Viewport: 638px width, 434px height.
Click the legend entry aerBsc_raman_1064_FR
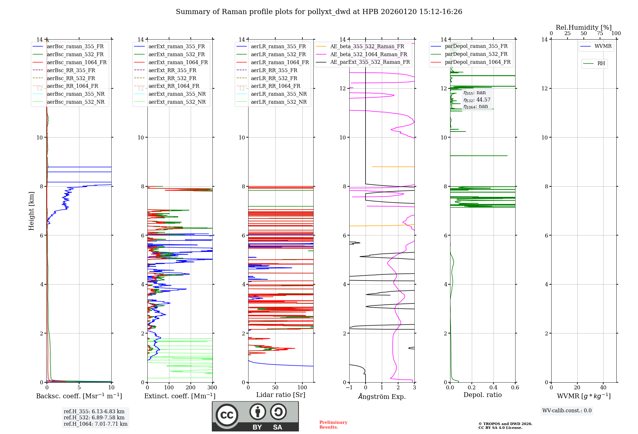pos(77,63)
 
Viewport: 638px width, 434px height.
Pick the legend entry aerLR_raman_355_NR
pos(278,94)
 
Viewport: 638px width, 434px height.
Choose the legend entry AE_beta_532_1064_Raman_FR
pos(368,54)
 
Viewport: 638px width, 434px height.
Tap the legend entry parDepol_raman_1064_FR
pos(478,62)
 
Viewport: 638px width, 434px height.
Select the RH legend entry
pos(601,64)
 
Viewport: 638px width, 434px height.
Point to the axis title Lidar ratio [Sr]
pos(281,395)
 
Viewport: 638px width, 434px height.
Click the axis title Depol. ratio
pos(482,395)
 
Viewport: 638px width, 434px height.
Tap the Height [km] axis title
pos(31,211)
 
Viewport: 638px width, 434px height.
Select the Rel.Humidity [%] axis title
pos(583,27)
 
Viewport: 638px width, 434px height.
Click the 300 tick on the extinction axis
pos(212,388)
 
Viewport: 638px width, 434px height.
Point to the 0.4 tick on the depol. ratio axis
pos(493,388)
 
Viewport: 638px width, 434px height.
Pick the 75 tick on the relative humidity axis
pos(600,34)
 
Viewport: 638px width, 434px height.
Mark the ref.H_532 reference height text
pos(94,417)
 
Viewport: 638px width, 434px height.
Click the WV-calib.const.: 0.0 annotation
pos(567,411)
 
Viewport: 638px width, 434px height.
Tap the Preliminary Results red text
pos(333,425)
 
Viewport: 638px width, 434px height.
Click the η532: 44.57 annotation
pos(477,100)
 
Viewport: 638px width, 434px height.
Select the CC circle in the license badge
pos(227,415)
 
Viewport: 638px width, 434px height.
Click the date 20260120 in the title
pos(399,12)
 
